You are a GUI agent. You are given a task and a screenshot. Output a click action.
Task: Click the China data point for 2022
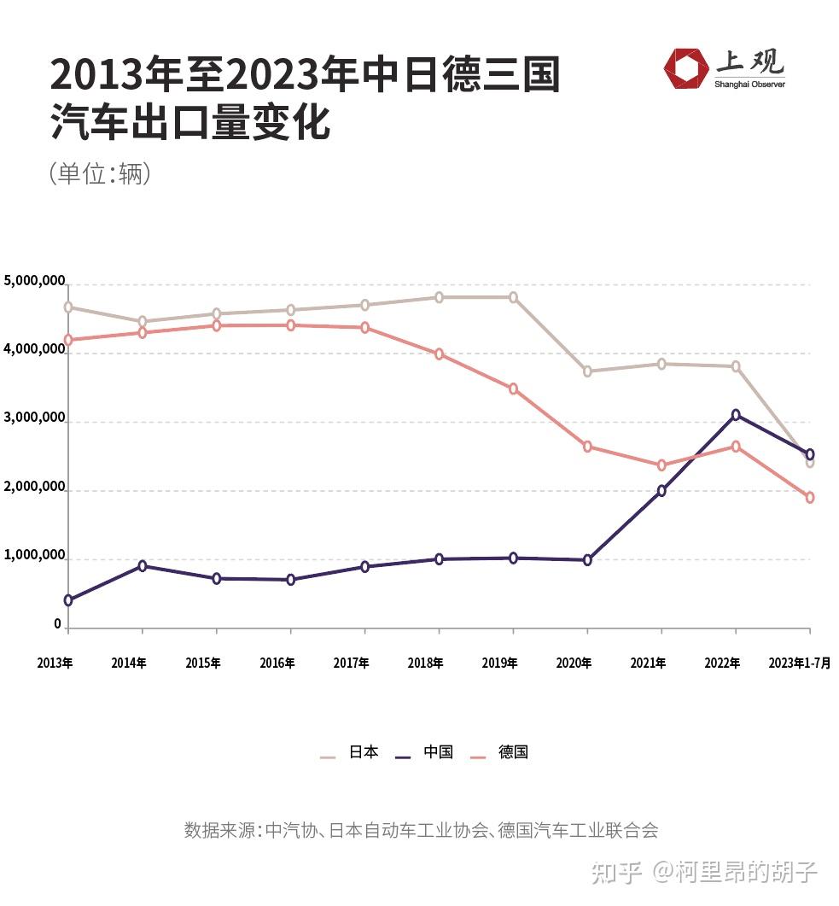[736, 415]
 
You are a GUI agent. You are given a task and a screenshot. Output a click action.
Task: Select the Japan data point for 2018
[439, 297]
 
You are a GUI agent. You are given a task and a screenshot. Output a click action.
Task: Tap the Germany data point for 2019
[513, 389]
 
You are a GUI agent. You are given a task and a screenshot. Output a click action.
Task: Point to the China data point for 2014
[142, 565]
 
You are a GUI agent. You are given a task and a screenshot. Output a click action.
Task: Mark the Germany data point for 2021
[661, 465]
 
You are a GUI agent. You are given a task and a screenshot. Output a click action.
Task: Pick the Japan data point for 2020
[587, 371]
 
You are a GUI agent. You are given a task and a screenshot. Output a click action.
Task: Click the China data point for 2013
[67, 600]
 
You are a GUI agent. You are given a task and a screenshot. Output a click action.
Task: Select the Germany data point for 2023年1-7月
[809, 498]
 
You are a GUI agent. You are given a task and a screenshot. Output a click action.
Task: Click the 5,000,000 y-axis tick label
[35, 280]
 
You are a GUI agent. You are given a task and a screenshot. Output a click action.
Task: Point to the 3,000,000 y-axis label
[35, 418]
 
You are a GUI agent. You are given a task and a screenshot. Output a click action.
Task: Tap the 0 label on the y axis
[58, 624]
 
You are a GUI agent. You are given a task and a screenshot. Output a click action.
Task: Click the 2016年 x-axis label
[277, 663]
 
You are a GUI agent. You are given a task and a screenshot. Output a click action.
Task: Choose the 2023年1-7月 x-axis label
[799, 663]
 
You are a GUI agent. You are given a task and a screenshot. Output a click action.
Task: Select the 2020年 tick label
[574, 663]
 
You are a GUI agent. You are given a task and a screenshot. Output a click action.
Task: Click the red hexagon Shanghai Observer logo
[686, 68]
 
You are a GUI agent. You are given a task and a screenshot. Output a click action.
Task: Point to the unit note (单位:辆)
[100, 173]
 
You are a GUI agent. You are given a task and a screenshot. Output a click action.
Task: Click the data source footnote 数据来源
[421, 830]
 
